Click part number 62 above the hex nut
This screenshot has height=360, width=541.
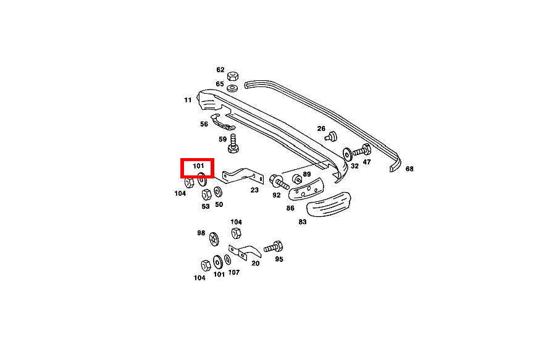[x=220, y=70]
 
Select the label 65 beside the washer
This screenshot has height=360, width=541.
[x=220, y=83]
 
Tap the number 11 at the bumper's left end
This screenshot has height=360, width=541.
[x=188, y=99]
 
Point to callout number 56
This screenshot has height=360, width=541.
[x=204, y=123]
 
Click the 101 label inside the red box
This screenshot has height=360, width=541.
[x=198, y=166]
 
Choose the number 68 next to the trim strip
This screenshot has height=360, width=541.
[x=409, y=169]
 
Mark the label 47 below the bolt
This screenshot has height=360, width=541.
[x=367, y=162]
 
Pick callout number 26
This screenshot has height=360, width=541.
[x=321, y=128]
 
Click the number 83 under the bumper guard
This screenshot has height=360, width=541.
[x=302, y=222]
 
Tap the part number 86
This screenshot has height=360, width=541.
[x=290, y=208]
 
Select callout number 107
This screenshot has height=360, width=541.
[x=233, y=272]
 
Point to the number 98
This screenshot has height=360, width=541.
[x=201, y=233]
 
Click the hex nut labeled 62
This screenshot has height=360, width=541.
[x=233, y=76]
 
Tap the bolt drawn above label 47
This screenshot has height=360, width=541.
[x=361, y=150]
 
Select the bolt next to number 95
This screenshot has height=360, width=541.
[x=272, y=247]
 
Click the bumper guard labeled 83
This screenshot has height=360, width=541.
[x=328, y=204]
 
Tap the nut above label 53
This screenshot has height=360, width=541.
[x=207, y=195]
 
